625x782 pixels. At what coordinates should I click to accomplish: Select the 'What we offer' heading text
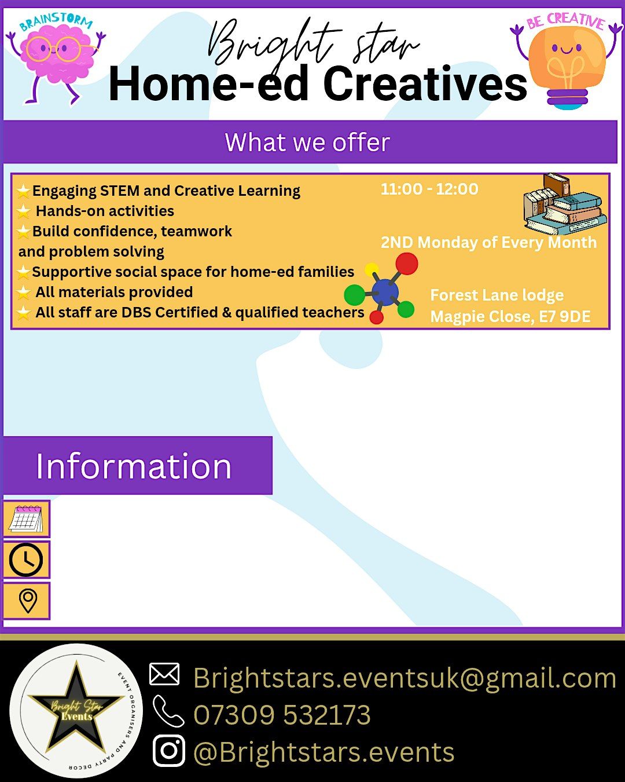coord(308,142)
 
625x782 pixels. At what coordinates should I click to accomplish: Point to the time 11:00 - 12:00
coord(429,189)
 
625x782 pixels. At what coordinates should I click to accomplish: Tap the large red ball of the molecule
coord(407,264)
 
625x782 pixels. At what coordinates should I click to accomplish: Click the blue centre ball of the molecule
coord(385,292)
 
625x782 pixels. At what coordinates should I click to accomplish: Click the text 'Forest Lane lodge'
coord(497,295)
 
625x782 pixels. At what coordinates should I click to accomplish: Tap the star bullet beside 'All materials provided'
coord(23,293)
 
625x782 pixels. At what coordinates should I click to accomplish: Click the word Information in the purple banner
coord(134,466)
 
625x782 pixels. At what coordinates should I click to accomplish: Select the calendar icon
coord(26,518)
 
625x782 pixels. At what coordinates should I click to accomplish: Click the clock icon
coord(26,560)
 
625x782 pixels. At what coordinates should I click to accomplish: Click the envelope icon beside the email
coord(164,674)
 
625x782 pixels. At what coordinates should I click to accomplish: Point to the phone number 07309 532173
coord(282,715)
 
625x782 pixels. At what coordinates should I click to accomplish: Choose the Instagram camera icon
coord(168,751)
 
